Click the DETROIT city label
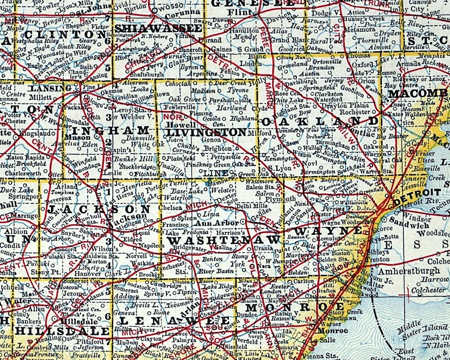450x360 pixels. point(417,193)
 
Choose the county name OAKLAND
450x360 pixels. point(320,121)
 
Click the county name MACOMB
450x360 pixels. point(418,93)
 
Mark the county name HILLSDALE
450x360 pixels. point(61,330)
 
